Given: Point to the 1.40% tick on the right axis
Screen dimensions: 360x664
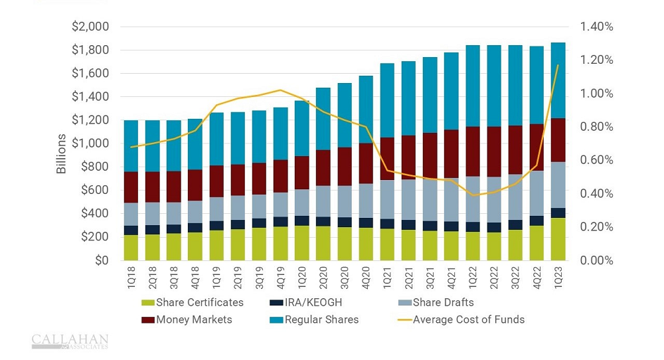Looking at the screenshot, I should point(596,27).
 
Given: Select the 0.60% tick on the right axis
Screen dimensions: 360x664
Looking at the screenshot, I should point(596,160).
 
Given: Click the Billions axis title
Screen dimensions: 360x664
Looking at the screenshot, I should point(62,153).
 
